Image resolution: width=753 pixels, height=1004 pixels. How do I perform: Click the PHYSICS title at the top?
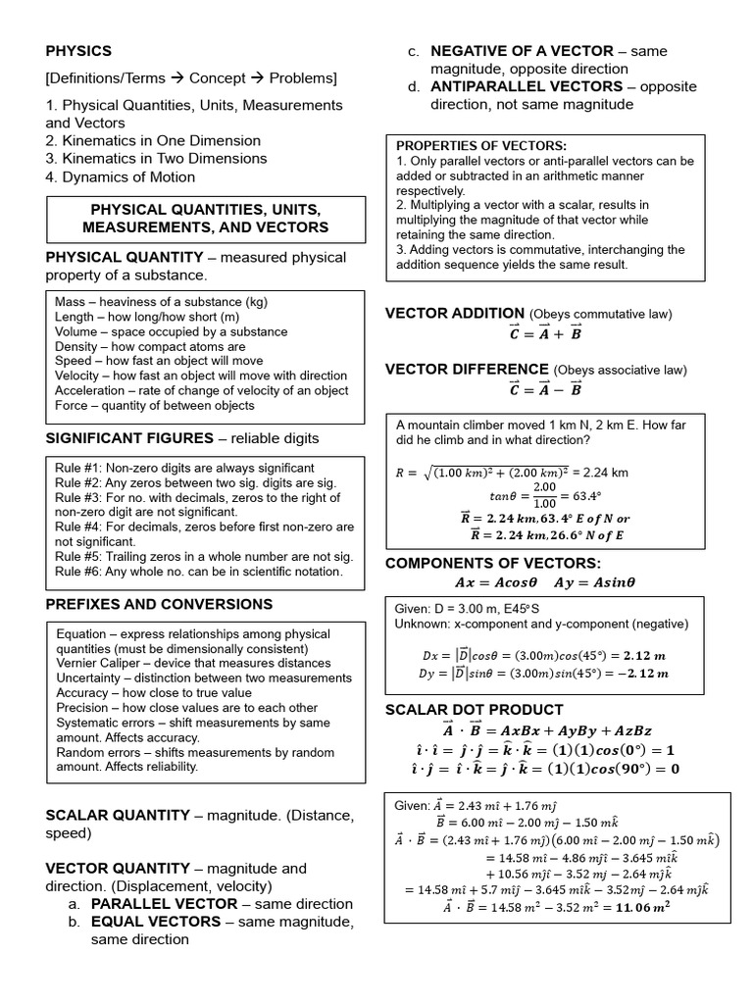click(x=78, y=51)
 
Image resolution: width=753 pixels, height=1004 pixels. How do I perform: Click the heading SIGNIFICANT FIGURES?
click(x=129, y=437)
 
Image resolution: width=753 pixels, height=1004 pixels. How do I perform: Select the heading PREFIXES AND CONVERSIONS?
click(x=159, y=604)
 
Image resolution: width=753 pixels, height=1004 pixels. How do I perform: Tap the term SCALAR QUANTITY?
click(x=118, y=815)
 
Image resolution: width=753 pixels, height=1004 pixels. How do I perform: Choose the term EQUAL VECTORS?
click(x=155, y=922)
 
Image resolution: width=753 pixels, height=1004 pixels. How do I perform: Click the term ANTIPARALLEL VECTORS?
click(x=527, y=86)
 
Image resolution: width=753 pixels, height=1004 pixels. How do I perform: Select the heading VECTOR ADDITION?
click(x=454, y=314)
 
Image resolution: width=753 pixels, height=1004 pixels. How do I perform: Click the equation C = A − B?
click(x=545, y=389)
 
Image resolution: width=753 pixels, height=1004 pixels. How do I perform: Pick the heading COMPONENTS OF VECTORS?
click(x=492, y=563)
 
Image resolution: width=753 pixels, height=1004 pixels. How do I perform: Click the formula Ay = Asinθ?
click(x=594, y=581)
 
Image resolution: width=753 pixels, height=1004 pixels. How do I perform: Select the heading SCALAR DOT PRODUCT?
click(x=474, y=709)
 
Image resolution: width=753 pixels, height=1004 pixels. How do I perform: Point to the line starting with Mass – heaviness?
click(x=161, y=302)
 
